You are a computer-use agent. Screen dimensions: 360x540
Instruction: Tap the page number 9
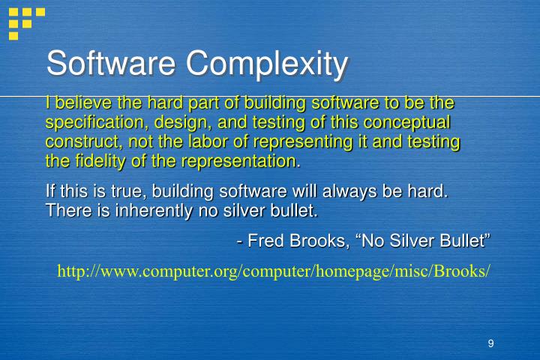click(x=490, y=343)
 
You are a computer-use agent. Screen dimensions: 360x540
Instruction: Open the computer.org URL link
click(x=274, y=271)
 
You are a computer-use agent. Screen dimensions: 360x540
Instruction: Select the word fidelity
click(x=99, y=161)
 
